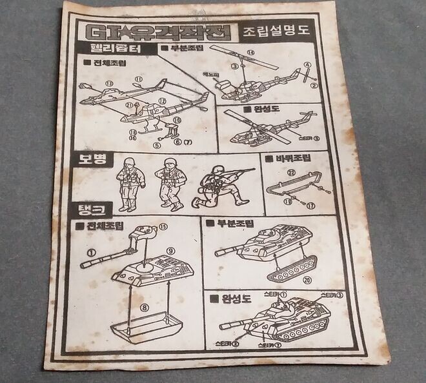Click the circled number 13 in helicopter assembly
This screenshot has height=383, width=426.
coord(109,83)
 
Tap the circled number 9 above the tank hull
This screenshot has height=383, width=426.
coord(170,250)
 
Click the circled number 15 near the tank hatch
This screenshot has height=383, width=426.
coord(163,226)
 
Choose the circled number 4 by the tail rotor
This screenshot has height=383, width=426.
coord(307,65)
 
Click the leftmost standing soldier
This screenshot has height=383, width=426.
coord(128,183)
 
